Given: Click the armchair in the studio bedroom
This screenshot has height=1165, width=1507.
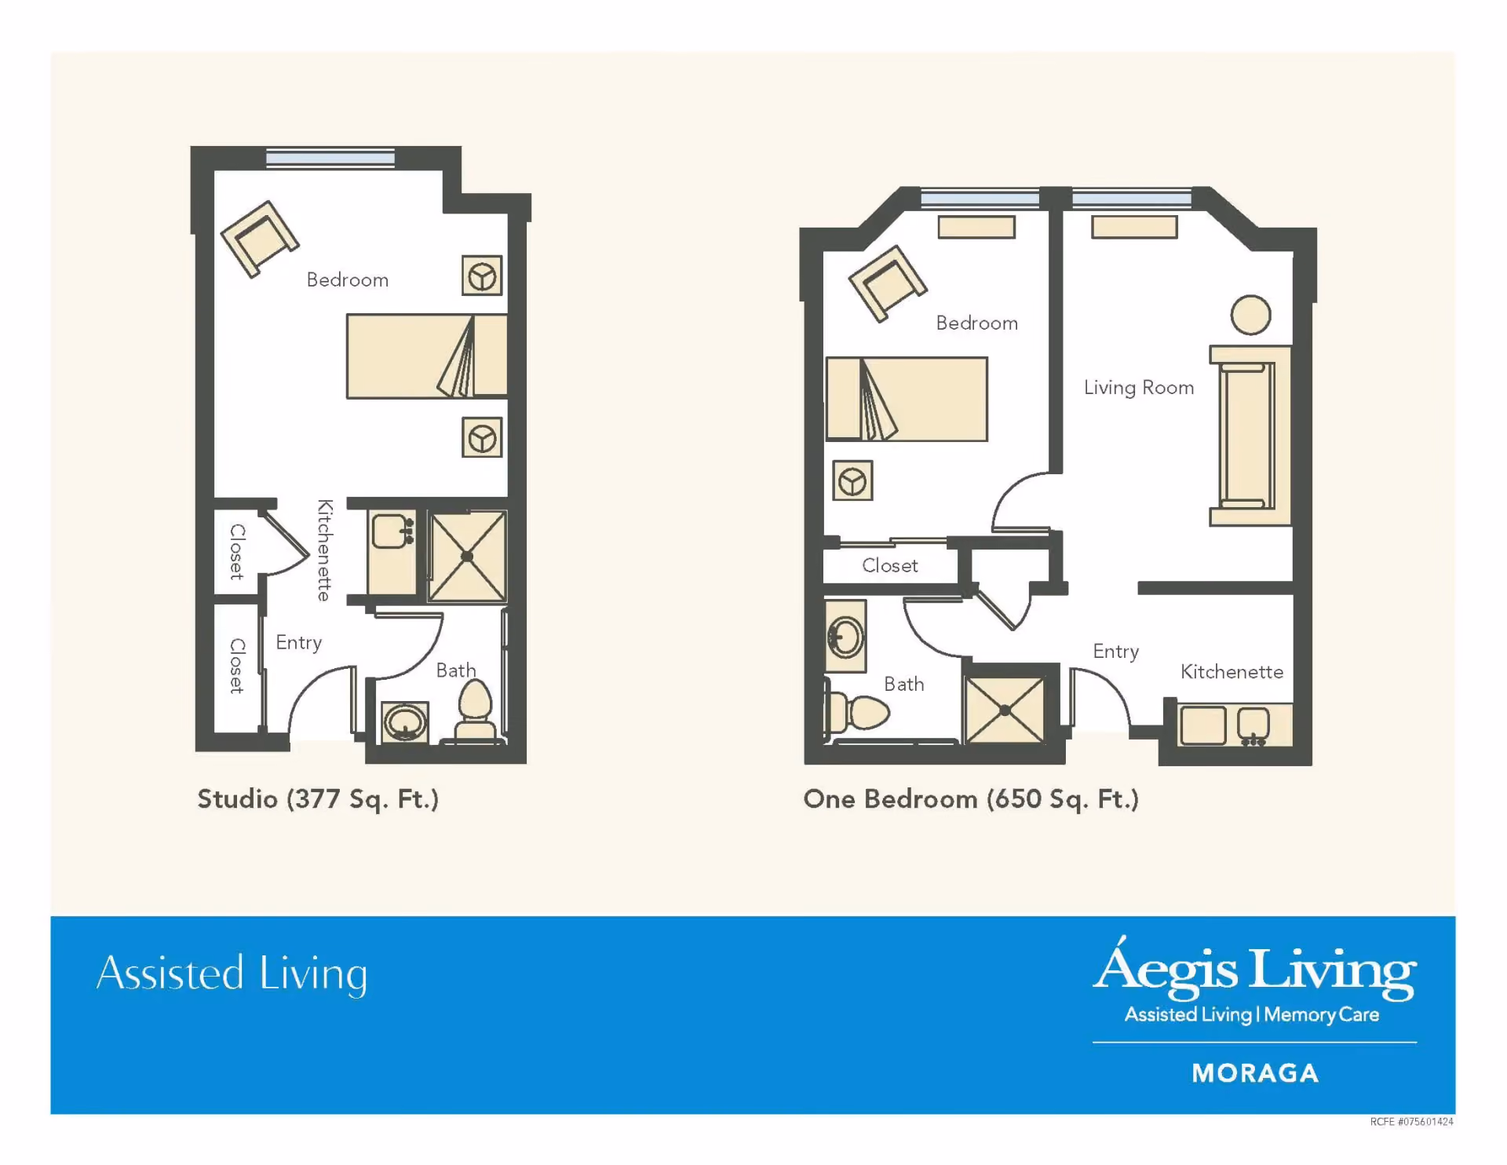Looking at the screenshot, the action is pyautogui.click(x=260, y=239).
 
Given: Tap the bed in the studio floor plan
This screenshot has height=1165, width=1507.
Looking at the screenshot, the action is pyautogui.click(x=427, y=356).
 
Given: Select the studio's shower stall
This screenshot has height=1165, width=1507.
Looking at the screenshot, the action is pyautogui.click(x=467, y=557).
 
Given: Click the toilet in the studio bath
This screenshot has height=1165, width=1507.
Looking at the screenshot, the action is pyautogui.click(x=475, y=710).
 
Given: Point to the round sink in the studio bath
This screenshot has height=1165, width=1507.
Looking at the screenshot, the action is pyautogui.click(x=405, y=722).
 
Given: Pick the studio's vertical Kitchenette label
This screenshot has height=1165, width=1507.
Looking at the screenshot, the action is pyautogui.click(x=324, y=550).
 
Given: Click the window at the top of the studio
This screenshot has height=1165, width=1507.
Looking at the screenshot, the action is pyautogui.click(x=330, y=159).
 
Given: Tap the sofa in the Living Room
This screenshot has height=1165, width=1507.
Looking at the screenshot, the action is pyautogui.click(x=1250, y=436).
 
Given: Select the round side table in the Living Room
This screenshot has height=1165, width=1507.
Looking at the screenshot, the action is pyautogui.click(x=1250, y=316).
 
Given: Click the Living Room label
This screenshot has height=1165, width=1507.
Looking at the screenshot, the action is pyautogui.click(x=1139, y=388).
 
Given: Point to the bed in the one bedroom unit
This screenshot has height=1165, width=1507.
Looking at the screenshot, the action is pyautogui.click(x=907, y=399).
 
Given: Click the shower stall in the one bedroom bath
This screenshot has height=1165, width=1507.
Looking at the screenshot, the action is pyautogui.click(x=1005, y=710).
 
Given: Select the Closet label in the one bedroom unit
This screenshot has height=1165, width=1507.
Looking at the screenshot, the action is pyautogui.click(x=890, y=565).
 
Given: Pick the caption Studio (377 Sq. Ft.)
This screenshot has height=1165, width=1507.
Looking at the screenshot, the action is pyautogui.click(x=318, y=799).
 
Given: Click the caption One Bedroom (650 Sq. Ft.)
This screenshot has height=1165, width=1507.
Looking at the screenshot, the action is pyautogui.click(x=971, y=799).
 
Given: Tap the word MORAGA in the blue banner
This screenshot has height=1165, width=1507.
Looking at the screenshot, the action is pyautogui.click(x=1255, y=1073).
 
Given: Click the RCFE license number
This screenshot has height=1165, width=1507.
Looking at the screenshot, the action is pyautogui.click(x=1411, y=1122).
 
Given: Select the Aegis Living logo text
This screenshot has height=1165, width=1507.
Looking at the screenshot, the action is pyautogui.click(x=1255, y=969).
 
